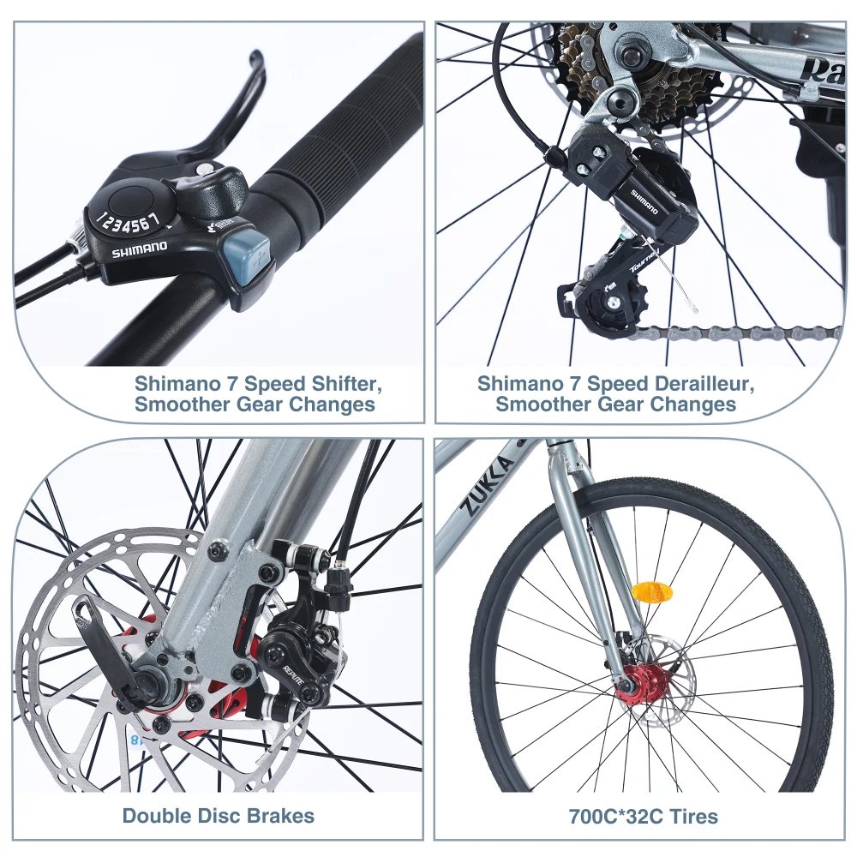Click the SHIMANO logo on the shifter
(x=139, y=249)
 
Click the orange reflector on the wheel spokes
(x=647, y=592)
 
